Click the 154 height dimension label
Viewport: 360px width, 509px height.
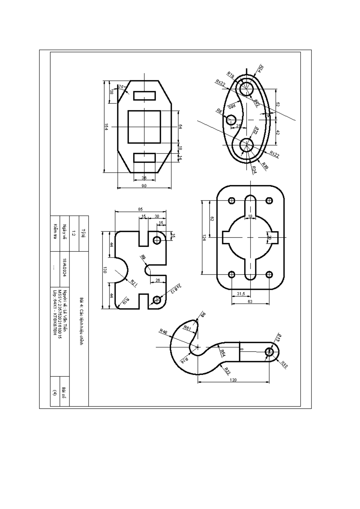pyautogui.click(x=106, y=127)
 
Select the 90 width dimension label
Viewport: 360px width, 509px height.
pyautogui.click(x=144, y=186)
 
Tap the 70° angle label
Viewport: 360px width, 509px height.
pyautogui.click(x=121, y=87)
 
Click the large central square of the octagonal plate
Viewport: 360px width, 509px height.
pyautogui.click(x=144, y=127)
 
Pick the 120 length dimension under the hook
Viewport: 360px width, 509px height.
pyautogui.click(x=233, y=380)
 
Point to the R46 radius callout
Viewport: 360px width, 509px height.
pyautogui.click(x=163, y=331)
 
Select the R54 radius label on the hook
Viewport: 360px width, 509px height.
pyautogui.click(x=222, y=353)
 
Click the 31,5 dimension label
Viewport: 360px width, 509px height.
pyautogui.click(x=241, y=294)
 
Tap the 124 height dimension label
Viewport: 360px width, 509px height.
pyautogui.click(x=204, y=238)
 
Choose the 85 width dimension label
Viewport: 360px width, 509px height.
pyautogui.click(x=140, y=209)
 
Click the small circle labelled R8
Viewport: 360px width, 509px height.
pyautogui.click(x=231, y=120)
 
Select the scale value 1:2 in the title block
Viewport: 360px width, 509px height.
pyautogui.click(x=74, y=233)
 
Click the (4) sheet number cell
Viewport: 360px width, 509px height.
pyautogui.click(x=55, y=393)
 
